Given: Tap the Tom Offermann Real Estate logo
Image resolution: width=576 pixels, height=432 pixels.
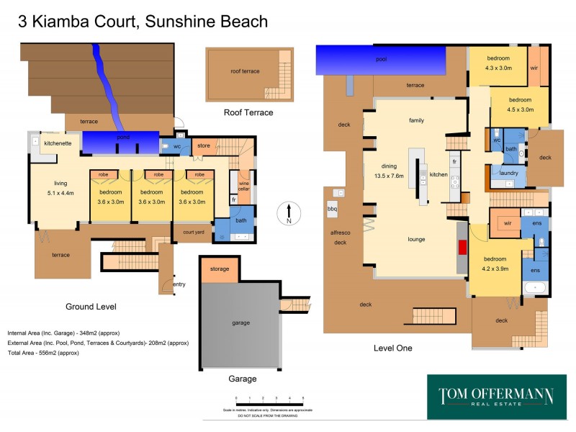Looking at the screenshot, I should pyautogui.click(x=497, y=397).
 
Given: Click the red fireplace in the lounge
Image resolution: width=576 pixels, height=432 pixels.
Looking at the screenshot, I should pyautogui.click(x=462, y=247).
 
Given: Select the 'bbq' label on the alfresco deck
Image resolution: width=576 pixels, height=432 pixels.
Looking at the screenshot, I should pyautogui.click(x=332, y=209).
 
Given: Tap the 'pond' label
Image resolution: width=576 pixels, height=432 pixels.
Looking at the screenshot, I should pyautogui.click(x=122, y=136).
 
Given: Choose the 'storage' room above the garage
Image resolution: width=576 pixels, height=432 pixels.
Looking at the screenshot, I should pyautogui.click(x=220, y=269).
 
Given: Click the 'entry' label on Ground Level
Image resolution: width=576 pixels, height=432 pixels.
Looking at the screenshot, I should pyautogui.click(x=179, y=284).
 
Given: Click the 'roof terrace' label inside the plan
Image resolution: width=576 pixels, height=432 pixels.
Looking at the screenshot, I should pyautogui.click(x=245, y=71).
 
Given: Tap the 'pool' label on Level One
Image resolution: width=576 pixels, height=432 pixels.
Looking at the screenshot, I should pyautogui.click(x=381, y=60).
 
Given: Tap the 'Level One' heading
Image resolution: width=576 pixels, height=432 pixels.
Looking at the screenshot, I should pyautogui.click(x=393, y=348).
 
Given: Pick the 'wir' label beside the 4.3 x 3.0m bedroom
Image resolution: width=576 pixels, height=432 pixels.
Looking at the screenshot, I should pyautogui.click(x=534, y=68).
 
